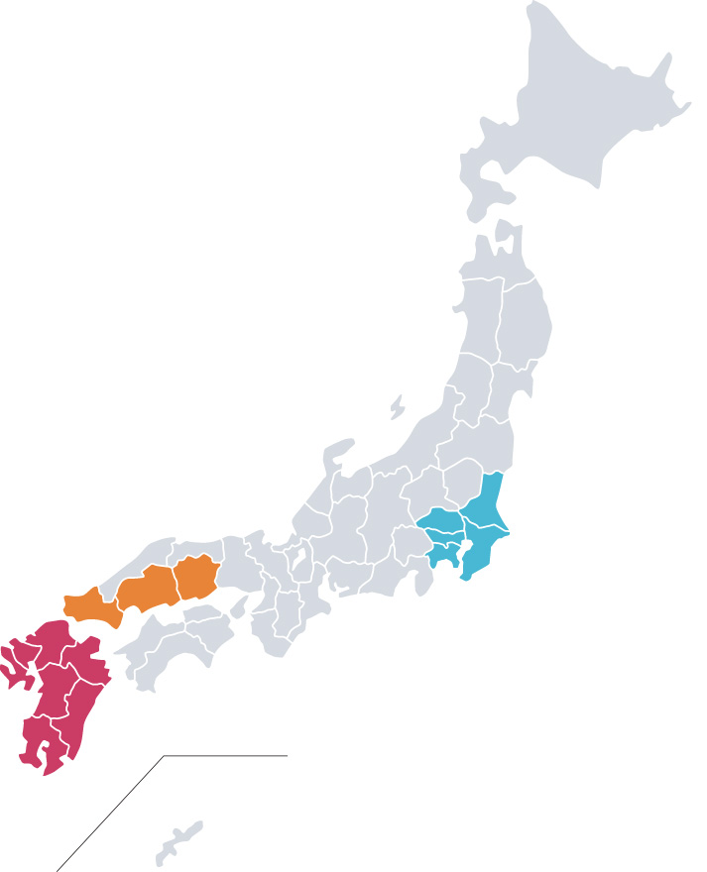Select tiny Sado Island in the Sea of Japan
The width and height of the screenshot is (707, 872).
click(x=397, y=406)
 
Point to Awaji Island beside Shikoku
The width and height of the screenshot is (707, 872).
click(x=239, y=606)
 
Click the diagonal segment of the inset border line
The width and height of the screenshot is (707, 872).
click(x=109, y=813)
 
